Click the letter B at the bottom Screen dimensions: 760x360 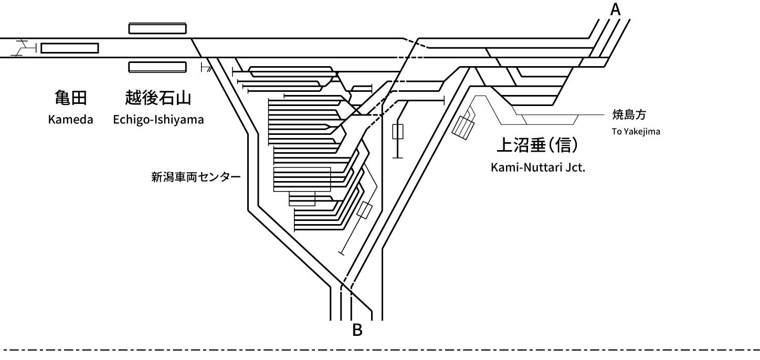pos(357,330)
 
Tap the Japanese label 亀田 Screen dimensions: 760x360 pos(71,98)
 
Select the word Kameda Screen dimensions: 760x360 pos(70,120)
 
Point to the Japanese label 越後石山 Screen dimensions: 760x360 pos(158,98)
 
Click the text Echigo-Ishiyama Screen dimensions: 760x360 pos(159,120)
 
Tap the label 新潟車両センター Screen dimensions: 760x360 pos(196,177)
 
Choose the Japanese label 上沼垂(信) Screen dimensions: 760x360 pos(537,145)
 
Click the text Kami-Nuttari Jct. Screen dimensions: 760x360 pos(538,167)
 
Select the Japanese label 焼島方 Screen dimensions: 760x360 pos(629,115)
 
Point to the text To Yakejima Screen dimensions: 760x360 pos(636,131)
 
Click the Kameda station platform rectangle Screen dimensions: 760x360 pos(70,48)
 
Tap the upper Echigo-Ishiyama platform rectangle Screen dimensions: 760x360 pos(157,28)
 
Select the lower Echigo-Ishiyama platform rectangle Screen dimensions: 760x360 pos(157,67)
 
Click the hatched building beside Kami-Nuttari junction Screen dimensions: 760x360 pos(463,128)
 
